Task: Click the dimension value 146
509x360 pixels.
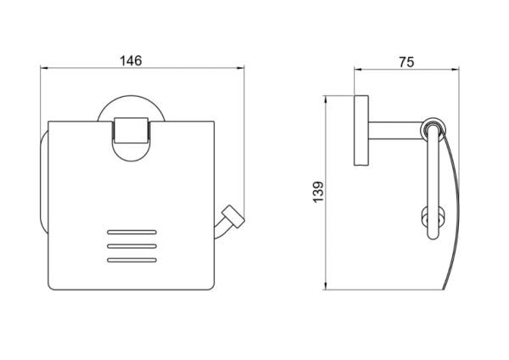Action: click(131, 61)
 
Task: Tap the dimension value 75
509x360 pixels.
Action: click(406, 62)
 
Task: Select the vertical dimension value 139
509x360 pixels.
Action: click(318, 192)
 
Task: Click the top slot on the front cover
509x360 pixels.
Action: click(131, 232)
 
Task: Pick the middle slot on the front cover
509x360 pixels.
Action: click(131, 246)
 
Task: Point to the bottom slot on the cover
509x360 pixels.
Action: click(131, 260)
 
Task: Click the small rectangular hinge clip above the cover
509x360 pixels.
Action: click(131, 130)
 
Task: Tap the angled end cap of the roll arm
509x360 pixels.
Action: click(232, 216)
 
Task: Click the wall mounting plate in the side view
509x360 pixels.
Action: click(361, 130)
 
